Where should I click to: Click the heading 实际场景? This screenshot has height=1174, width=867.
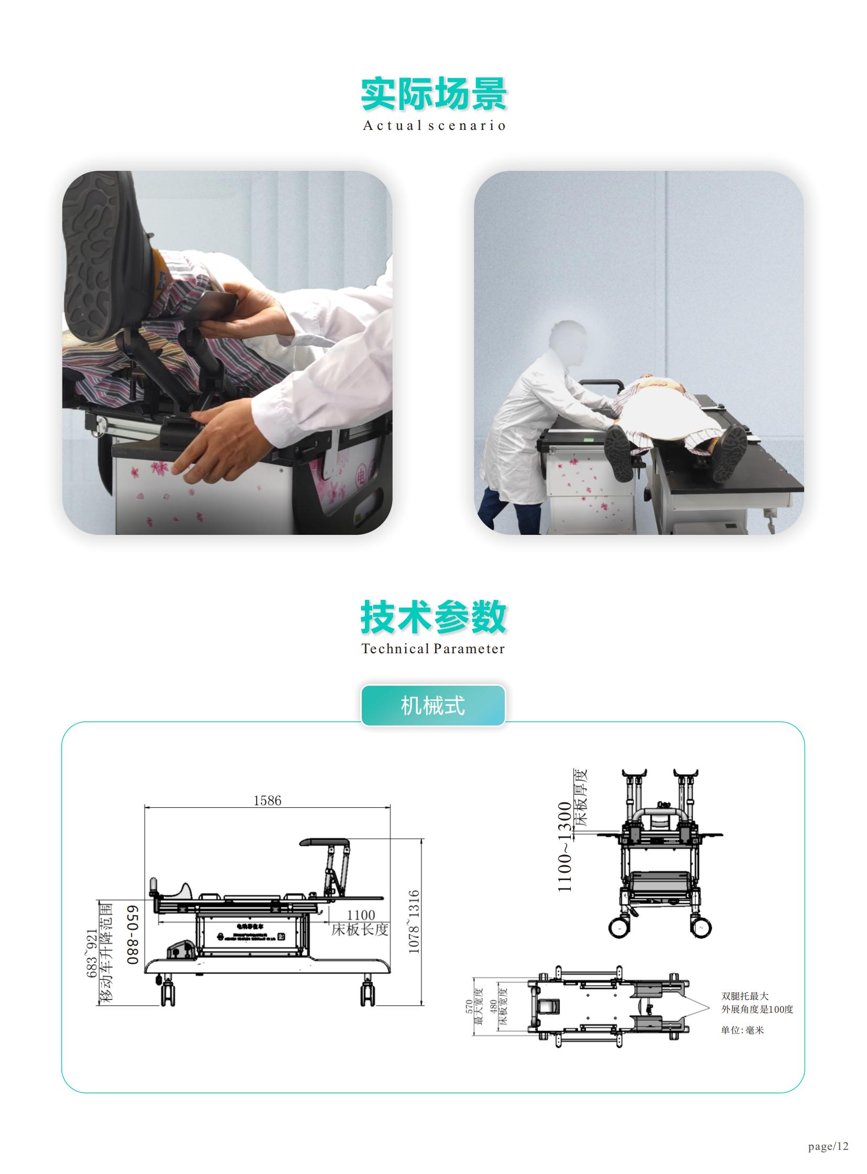click(433, 94)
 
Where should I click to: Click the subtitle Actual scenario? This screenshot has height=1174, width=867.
click(433, 126)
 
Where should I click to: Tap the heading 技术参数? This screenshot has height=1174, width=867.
click(433, 618)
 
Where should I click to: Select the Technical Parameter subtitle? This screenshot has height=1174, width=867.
click(433, 649)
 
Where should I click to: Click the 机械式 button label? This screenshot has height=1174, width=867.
click(433, 706)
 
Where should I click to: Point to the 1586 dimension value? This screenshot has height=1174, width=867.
click(267, 800)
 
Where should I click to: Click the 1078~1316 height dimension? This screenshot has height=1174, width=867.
click(414, 921)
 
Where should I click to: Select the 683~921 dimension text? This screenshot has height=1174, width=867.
click(91, 953)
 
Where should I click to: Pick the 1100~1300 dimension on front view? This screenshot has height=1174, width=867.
click(564, 847)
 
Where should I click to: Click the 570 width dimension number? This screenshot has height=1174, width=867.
click(469, 1007)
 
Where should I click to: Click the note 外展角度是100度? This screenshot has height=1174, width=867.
click(757, 1010)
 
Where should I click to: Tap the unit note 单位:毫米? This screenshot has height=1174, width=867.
click(742, 1030)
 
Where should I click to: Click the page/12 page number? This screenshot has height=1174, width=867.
click(828, 1146)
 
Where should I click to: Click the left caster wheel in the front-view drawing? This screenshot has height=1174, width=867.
click(620, 928)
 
